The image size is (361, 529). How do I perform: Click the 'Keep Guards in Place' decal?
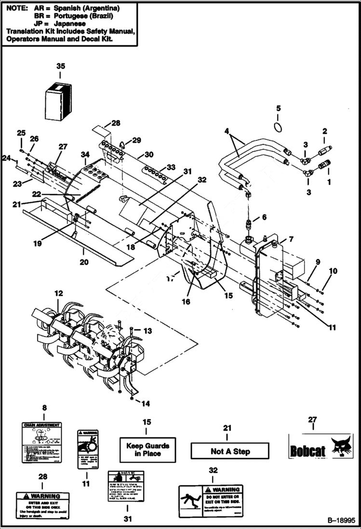click(x=147, y=450)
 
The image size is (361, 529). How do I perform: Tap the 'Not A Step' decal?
click(x=230, y=451)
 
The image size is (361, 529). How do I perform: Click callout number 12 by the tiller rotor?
click(x=58, y=293)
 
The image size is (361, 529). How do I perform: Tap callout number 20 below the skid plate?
click(x=84, y=262)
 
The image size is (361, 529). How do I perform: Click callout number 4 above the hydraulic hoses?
click(x=227, y=131)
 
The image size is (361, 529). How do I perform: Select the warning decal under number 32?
click(x=211, y=502)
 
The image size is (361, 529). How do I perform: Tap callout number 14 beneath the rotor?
click(x=146, y=403)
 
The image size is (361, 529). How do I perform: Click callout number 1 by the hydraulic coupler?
click(x=330, y=182)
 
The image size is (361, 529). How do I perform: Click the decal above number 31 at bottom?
click(x=126, y=486)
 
